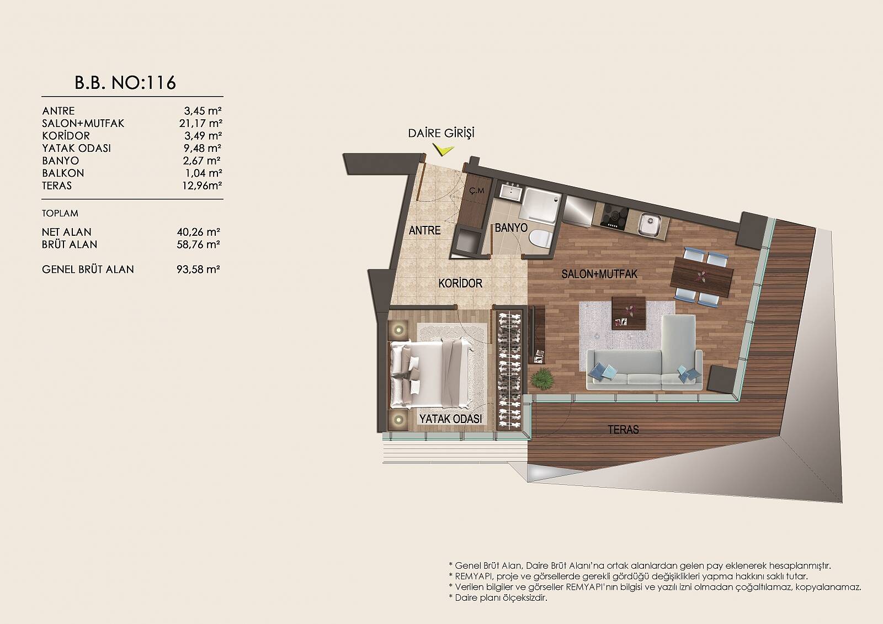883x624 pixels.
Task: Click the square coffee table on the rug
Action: pyautogui.click(x=629, y=313)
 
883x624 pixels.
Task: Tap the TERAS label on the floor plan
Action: pyautogui.click(x=623, y=430)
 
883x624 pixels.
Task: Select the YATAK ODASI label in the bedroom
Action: pyautogui.click(x=450, y=419)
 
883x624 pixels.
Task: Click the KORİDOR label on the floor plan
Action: pyautogui.click(x=460, y=283)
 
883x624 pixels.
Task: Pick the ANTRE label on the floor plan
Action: pyautogui.click(x=424, y=230)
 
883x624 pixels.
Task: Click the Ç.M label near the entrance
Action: pyautogui.click(x=477, y=191)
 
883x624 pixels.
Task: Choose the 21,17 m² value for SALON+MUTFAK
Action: pyautogui.click(x=201, y=124)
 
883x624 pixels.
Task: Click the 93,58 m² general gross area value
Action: pyautogui.click(x=198, y=269)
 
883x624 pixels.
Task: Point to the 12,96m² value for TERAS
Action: pyautogui.click(x=202, y=186)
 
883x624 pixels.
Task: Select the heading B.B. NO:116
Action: pyautogui.click(x=125, y=83)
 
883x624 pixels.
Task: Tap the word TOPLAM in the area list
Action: pyautogui.click(x=60, y=213)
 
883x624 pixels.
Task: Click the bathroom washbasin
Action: pyautogui.click(x=511, y=193)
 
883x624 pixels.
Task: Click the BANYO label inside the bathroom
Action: pyautogui.click(x=511, y=228)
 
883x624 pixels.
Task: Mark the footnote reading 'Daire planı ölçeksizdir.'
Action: pyautogui.click(x=498, y=597)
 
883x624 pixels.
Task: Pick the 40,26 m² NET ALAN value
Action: pyautogui.click(x=198, y=232)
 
